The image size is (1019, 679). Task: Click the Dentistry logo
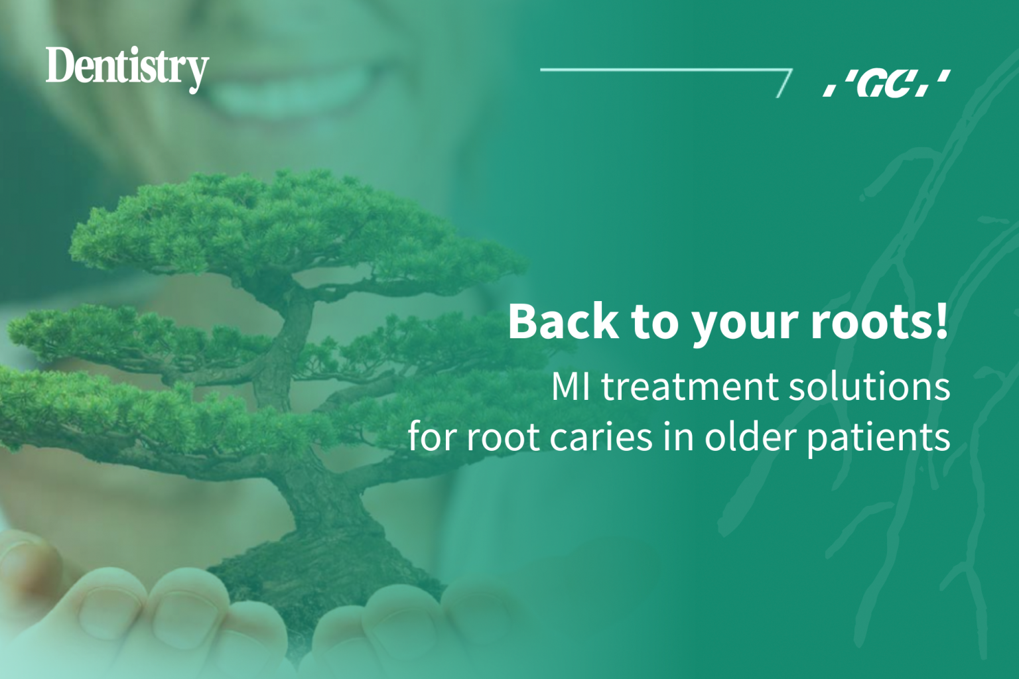click(x=127, y=68)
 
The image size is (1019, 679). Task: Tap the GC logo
click(x=886, y=84)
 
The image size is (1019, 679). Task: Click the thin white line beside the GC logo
click(x=663, y=70)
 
